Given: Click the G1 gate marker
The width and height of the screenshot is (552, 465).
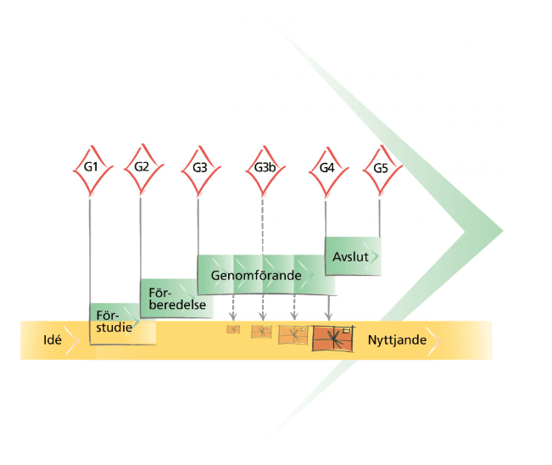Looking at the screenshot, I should click(91, 166).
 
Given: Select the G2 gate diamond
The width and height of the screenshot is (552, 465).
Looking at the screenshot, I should click(142, 166).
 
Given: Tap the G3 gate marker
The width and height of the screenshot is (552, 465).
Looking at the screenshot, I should click(199, 167).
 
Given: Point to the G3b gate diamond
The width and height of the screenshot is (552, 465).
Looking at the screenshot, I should click(264, 167).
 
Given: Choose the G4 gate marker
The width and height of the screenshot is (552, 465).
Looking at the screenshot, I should click(326, 167).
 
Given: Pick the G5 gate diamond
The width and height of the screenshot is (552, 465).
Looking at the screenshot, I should click(380, 167).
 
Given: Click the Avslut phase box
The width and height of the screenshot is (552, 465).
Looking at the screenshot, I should click(353, 255).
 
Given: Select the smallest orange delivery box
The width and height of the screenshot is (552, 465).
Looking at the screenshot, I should click(233, 329).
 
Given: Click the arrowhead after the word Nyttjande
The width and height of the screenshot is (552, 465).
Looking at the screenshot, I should click(435, 340).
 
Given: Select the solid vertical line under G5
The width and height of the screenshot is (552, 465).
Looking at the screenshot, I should click(379, 216).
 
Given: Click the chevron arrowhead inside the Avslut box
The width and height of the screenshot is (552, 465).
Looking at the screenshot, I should click(374, 255).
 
